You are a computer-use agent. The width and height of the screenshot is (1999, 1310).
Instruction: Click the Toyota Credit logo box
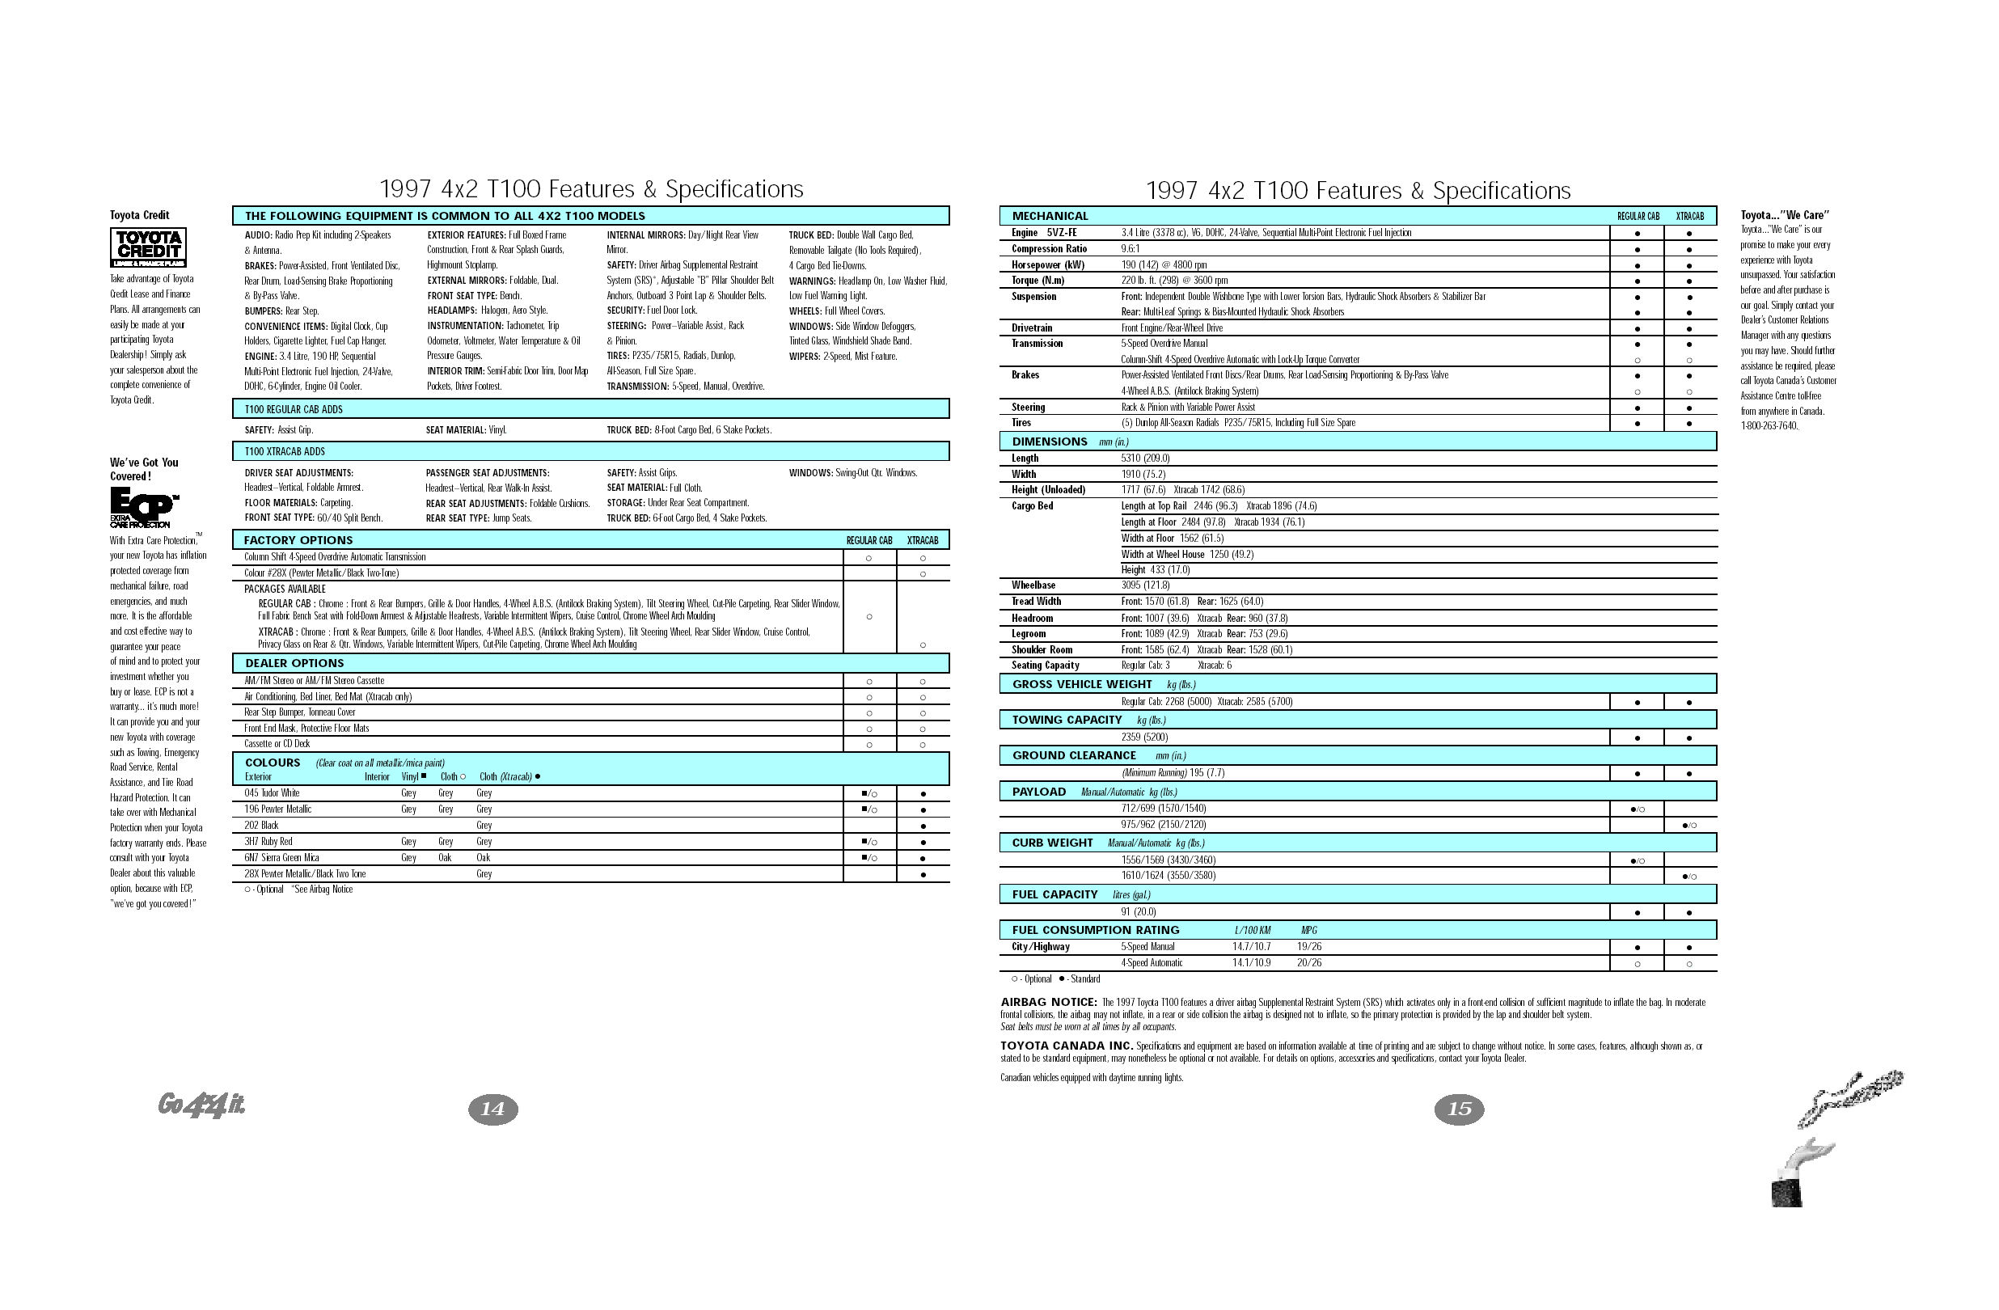point(148,247)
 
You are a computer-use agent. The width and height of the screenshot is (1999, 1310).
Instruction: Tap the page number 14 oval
point(492,1109)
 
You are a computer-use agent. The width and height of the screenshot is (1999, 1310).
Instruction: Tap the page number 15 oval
point(1459,1109)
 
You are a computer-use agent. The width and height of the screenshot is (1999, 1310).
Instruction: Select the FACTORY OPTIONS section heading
point(298,540)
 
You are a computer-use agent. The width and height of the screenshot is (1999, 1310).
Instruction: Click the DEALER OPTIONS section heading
point(294,663)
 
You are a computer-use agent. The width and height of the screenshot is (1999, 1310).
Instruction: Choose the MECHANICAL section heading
point(1050,216)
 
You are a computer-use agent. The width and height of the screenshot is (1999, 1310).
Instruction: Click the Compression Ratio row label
point(1049,248)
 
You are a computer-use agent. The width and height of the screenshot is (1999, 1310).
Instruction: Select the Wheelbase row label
point(1033,585)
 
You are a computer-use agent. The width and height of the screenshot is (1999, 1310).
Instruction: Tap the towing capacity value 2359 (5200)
point(1144,737)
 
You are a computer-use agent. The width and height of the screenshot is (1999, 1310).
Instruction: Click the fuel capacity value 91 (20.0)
point(1138,912)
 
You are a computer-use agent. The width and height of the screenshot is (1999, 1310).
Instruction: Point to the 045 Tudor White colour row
point(273,792)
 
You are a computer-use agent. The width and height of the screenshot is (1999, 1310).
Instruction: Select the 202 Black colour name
point(261,826)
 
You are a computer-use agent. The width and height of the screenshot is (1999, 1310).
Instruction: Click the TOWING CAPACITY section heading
point(1067,720)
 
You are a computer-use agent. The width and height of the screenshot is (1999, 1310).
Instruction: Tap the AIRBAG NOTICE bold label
point(1048,1002)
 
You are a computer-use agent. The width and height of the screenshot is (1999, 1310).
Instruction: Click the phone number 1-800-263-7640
point(1769,425)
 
